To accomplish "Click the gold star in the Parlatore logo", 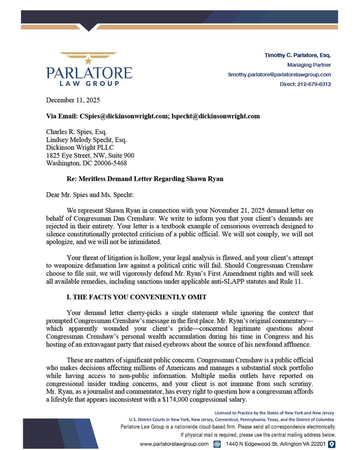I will pos(89,60).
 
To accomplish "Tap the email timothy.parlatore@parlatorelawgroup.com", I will pos(279,75).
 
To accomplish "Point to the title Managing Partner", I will pos(309,65).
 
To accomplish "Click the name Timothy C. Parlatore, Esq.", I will pos(298,55).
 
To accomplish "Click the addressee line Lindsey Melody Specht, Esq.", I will pos(86,140).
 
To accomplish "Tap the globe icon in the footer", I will pos(217,444).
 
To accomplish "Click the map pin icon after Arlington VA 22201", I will pos(331,444).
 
